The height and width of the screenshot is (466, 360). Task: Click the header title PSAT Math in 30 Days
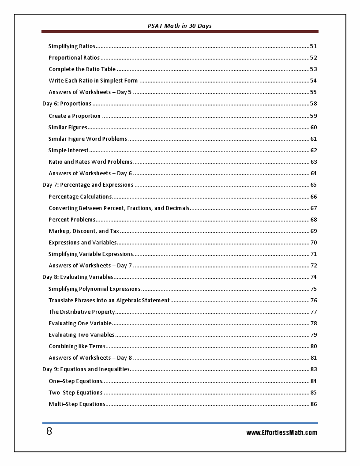[180, 26]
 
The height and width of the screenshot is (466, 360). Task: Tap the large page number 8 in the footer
[49, 432]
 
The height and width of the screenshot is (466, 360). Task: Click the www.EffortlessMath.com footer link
[281, 433]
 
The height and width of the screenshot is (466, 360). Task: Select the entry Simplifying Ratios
[72, 46]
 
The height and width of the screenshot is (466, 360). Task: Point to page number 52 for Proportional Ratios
[313, 58]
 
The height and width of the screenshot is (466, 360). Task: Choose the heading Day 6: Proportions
[67, 104]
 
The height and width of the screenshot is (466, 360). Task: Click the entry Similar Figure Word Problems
[88, 139]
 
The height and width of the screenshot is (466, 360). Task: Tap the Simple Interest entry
[68, 150]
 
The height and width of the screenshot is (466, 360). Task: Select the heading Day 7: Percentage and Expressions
[88, 185]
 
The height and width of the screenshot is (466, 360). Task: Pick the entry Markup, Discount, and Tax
[84, 231]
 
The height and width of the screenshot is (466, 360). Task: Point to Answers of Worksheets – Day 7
[90, 266]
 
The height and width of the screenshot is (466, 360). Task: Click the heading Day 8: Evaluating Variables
[78, 277]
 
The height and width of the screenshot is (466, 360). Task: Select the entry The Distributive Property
[82, 312]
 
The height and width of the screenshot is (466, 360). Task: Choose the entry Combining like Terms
[77, 346]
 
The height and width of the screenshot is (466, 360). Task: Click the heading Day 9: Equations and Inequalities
[86, 369]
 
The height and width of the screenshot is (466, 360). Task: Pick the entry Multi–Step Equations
[77, 404]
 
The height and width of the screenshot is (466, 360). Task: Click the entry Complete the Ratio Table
[82, 69]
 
